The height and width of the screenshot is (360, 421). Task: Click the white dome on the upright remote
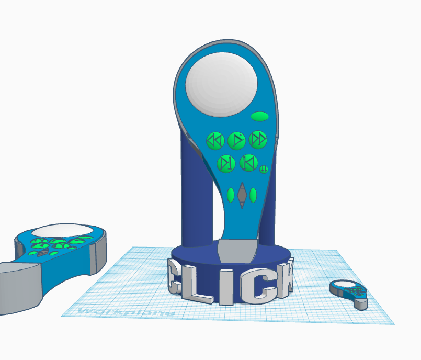click(x=221, y=85)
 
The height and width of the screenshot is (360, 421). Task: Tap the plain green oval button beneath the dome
click(x=259, y=117)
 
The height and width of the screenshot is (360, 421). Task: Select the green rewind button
click(x=215, y=140)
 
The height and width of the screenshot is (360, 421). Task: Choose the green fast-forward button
click(x=258, y=140)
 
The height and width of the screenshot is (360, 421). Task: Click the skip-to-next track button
click(x=226, y=163)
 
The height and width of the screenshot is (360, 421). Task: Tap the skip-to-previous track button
click(x=248, y=163)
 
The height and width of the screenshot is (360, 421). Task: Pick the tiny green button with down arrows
click(x=264, y=169)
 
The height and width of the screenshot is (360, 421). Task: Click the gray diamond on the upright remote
click(x=242, y=195)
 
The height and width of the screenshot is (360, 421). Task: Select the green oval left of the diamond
click(x=231, y=195)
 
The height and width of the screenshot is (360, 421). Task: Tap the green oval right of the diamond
click(x=253, y=195)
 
